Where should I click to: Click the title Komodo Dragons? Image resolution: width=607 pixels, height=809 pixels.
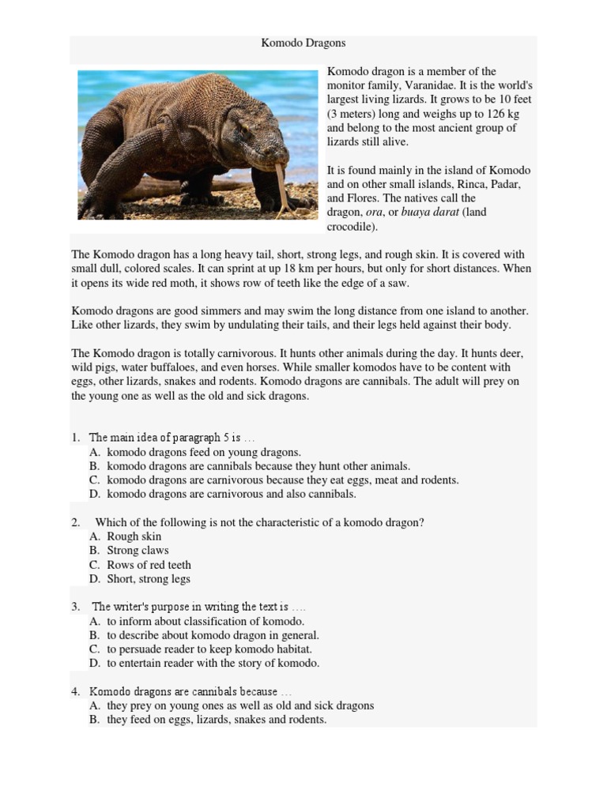[x=303, y=43]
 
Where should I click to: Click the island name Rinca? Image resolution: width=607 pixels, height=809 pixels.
[x=462, y=184]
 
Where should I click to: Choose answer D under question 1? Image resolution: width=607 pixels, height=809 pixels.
[x=231, y=494]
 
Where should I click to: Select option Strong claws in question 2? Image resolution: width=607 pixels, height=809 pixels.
[x=138, y=551]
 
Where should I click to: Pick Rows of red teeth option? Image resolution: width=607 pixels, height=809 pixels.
[x=149, y=565]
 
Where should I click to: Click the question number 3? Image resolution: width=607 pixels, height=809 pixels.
[x=76, y=608]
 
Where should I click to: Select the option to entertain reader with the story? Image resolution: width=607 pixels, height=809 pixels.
[x=213, y=664]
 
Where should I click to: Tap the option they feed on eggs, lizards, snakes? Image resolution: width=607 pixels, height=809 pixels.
[x=217, y=720]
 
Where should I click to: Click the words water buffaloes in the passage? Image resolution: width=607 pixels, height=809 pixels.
[x=156, y=367]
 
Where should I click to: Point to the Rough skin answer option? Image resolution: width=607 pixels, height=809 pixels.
[x=134, y=536]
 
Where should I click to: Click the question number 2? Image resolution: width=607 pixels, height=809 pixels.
[x=76, y=523]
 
